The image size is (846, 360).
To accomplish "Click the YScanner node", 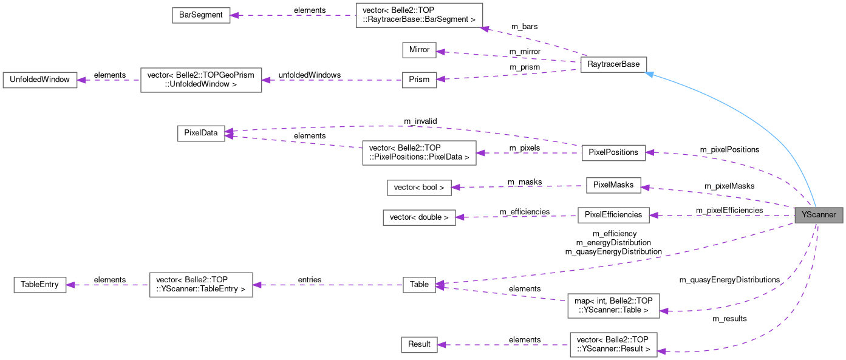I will [x=819, y=215].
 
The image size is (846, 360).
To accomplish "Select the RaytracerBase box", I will [x=613, y=65].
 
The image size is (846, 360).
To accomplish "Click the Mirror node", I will [x=419, y=50].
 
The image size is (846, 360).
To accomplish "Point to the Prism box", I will [x=419, y=80].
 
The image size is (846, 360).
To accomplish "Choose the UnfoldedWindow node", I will [x=40, y=80].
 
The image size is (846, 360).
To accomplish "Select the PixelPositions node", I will [x=613, y=152].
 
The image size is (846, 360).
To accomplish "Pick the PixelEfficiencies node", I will [x=613, y=215].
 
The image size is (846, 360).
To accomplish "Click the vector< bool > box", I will [x=419, y=188].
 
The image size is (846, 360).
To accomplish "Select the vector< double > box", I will [x=419, y=217].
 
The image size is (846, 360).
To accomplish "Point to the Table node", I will [x=419, y=284].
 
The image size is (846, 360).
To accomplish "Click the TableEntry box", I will [x=40, y=284].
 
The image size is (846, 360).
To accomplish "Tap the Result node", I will [x=419, y=344].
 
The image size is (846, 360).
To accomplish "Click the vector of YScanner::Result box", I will [x=613, y=344].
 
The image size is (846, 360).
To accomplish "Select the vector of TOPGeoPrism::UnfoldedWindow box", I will [x=201, y=80].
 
